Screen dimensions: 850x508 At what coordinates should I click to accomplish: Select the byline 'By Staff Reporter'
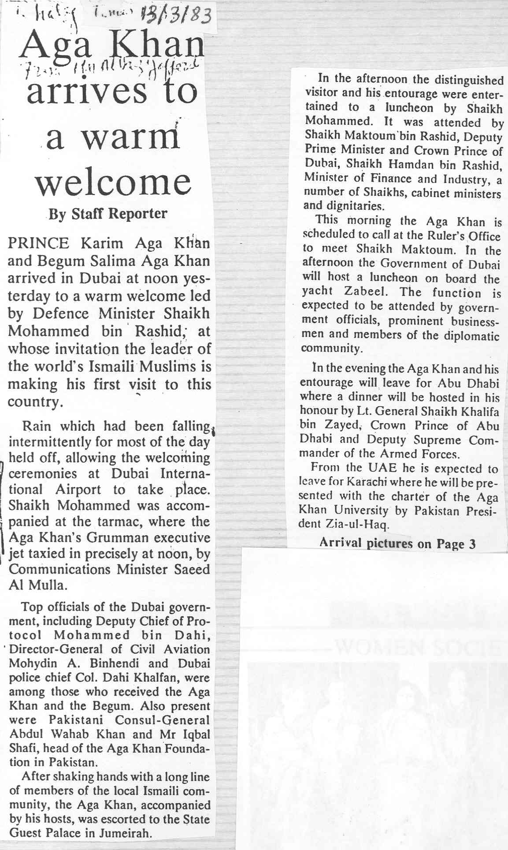click(x=108, y=214)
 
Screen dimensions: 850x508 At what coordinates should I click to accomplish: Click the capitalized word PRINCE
click(x=38, y=243)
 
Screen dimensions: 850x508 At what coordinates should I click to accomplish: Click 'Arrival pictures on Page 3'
click(x=397, y=544)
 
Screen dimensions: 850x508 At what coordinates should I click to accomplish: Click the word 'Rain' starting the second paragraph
click(x=36, y=426)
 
